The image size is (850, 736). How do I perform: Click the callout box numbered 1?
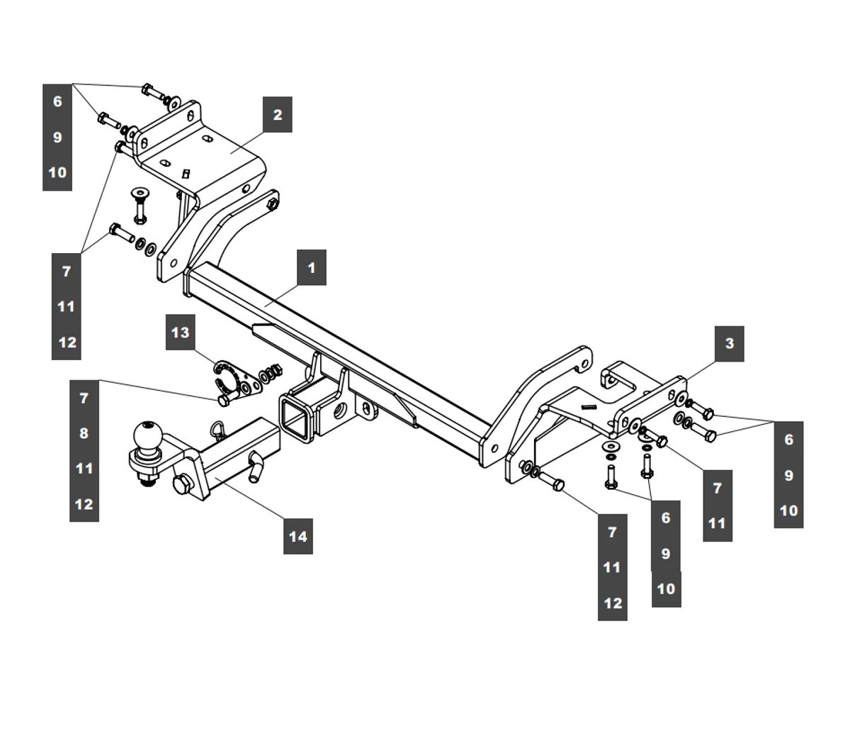pyautogui.click(x=312, y=267)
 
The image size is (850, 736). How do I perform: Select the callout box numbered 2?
pyautogui.click(x=278, y=114)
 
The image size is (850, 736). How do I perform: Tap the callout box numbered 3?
pyautogui.click(x=730, y=344)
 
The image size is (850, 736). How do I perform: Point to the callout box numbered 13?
pyautogui.click(x=181, y=332)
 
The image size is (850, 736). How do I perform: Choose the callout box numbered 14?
pyautogui.click(x=298, y=536)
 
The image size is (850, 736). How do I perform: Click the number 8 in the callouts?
pyautogui.click(x=84, y=433)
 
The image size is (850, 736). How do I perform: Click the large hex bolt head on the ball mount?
pyautogui.click(x=182, y=486)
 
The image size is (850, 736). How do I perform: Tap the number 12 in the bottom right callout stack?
pyautogui.click(x=613, y=603)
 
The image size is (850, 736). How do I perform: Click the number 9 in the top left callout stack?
pyautogui.click(x=57, y=137)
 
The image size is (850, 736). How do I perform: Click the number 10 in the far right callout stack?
pyautogui.click(x=788, y=511)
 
